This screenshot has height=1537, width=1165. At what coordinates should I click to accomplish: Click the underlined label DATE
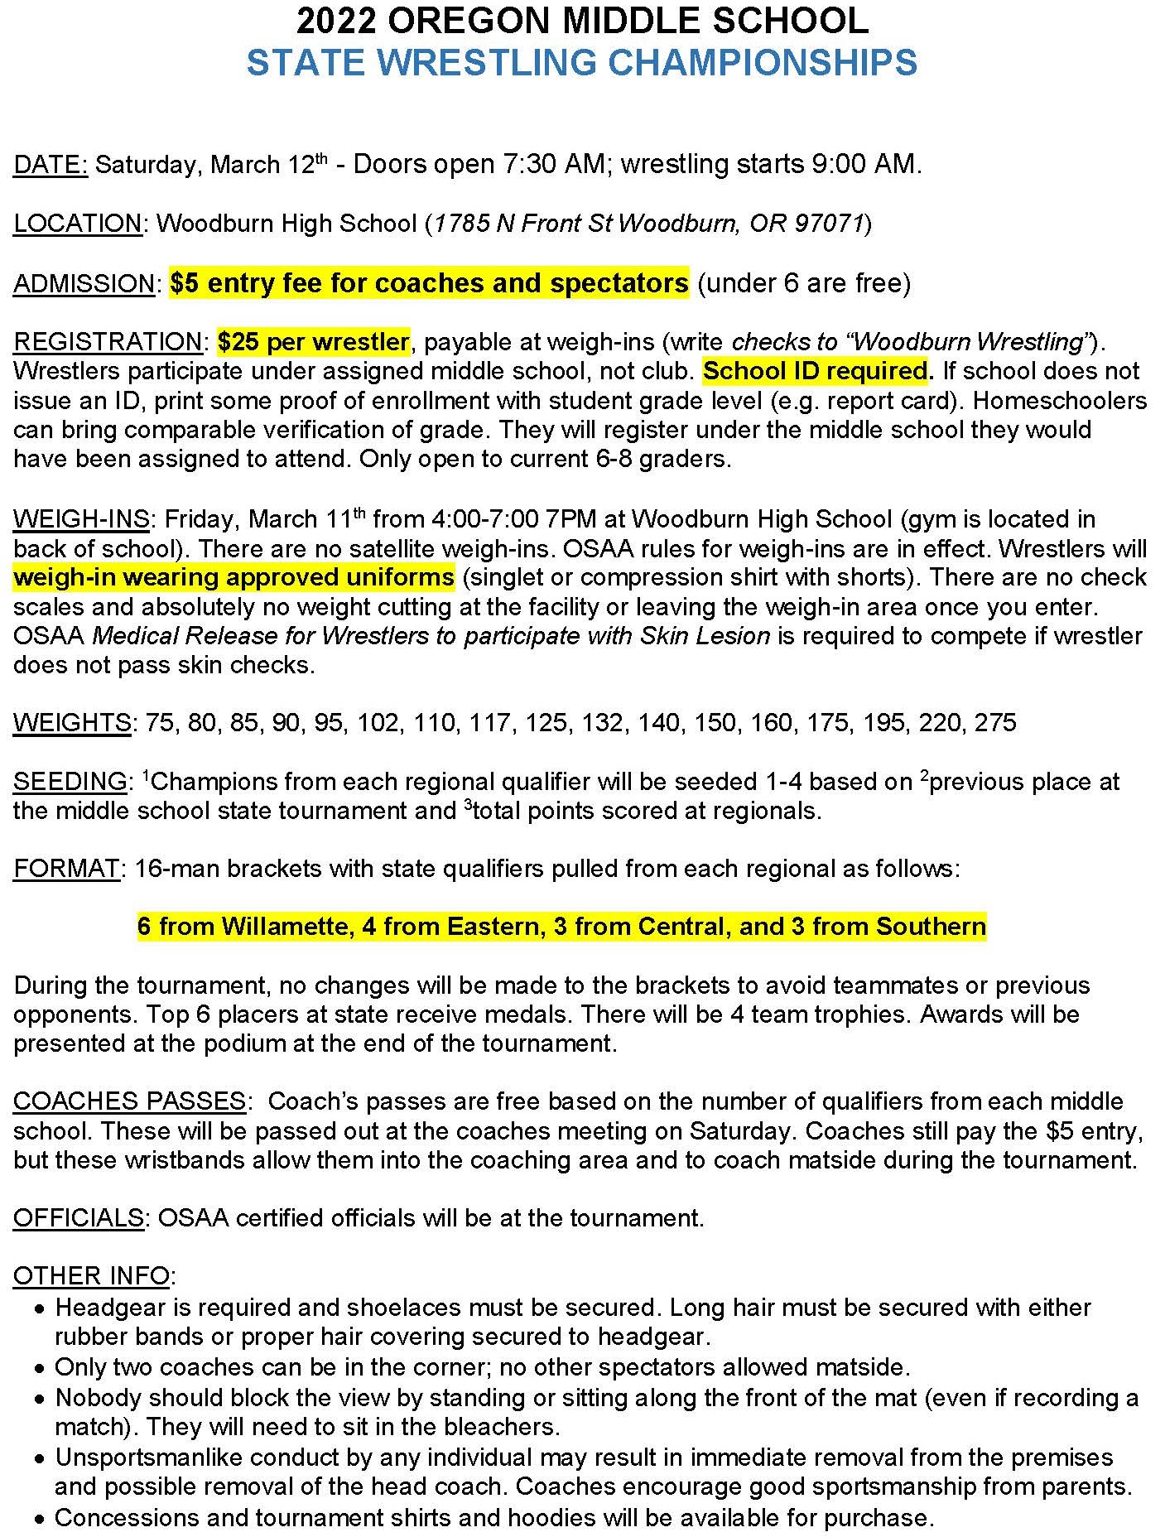click(50, 165)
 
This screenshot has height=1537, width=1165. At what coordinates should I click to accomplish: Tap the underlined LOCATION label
click(78, 224)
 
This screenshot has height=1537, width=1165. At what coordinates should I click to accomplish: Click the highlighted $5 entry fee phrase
click(429, 283)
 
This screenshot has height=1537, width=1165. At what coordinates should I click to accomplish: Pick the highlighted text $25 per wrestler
click(313, 342)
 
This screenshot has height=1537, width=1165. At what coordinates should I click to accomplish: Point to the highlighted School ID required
click(816, 371)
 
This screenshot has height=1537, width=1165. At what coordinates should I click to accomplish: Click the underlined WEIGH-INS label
click(81, 519)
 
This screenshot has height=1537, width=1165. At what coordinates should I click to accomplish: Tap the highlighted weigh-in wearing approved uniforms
click(233, 577)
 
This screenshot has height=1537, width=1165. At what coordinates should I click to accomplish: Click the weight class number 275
click(995, 723)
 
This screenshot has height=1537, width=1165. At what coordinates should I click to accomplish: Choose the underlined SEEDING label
click(70, 782)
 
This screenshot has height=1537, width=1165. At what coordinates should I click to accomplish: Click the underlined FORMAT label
click(67, 869)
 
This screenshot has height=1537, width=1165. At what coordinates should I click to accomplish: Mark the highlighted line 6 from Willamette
click(561, 926)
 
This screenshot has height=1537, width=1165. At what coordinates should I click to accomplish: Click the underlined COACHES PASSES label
click(129, 1101)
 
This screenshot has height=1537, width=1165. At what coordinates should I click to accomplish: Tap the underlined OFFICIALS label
click(79, 1218)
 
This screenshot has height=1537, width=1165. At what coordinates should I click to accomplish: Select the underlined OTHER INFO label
click(91, 1276)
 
